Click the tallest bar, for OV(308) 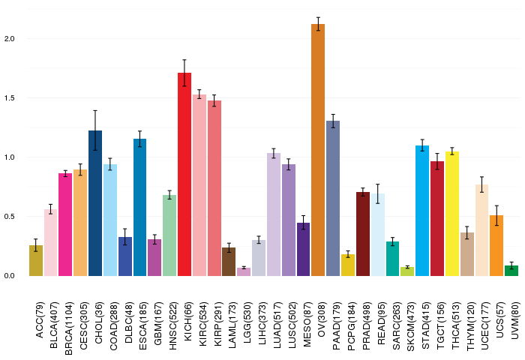point(318,150)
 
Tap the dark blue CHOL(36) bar point(95,203)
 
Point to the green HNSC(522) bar point(169,235)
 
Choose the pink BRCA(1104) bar point(65,224)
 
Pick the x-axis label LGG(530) point(244,317)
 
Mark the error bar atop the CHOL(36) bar point(95,130)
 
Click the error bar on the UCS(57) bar point(496,215)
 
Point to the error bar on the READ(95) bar point(378,193)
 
